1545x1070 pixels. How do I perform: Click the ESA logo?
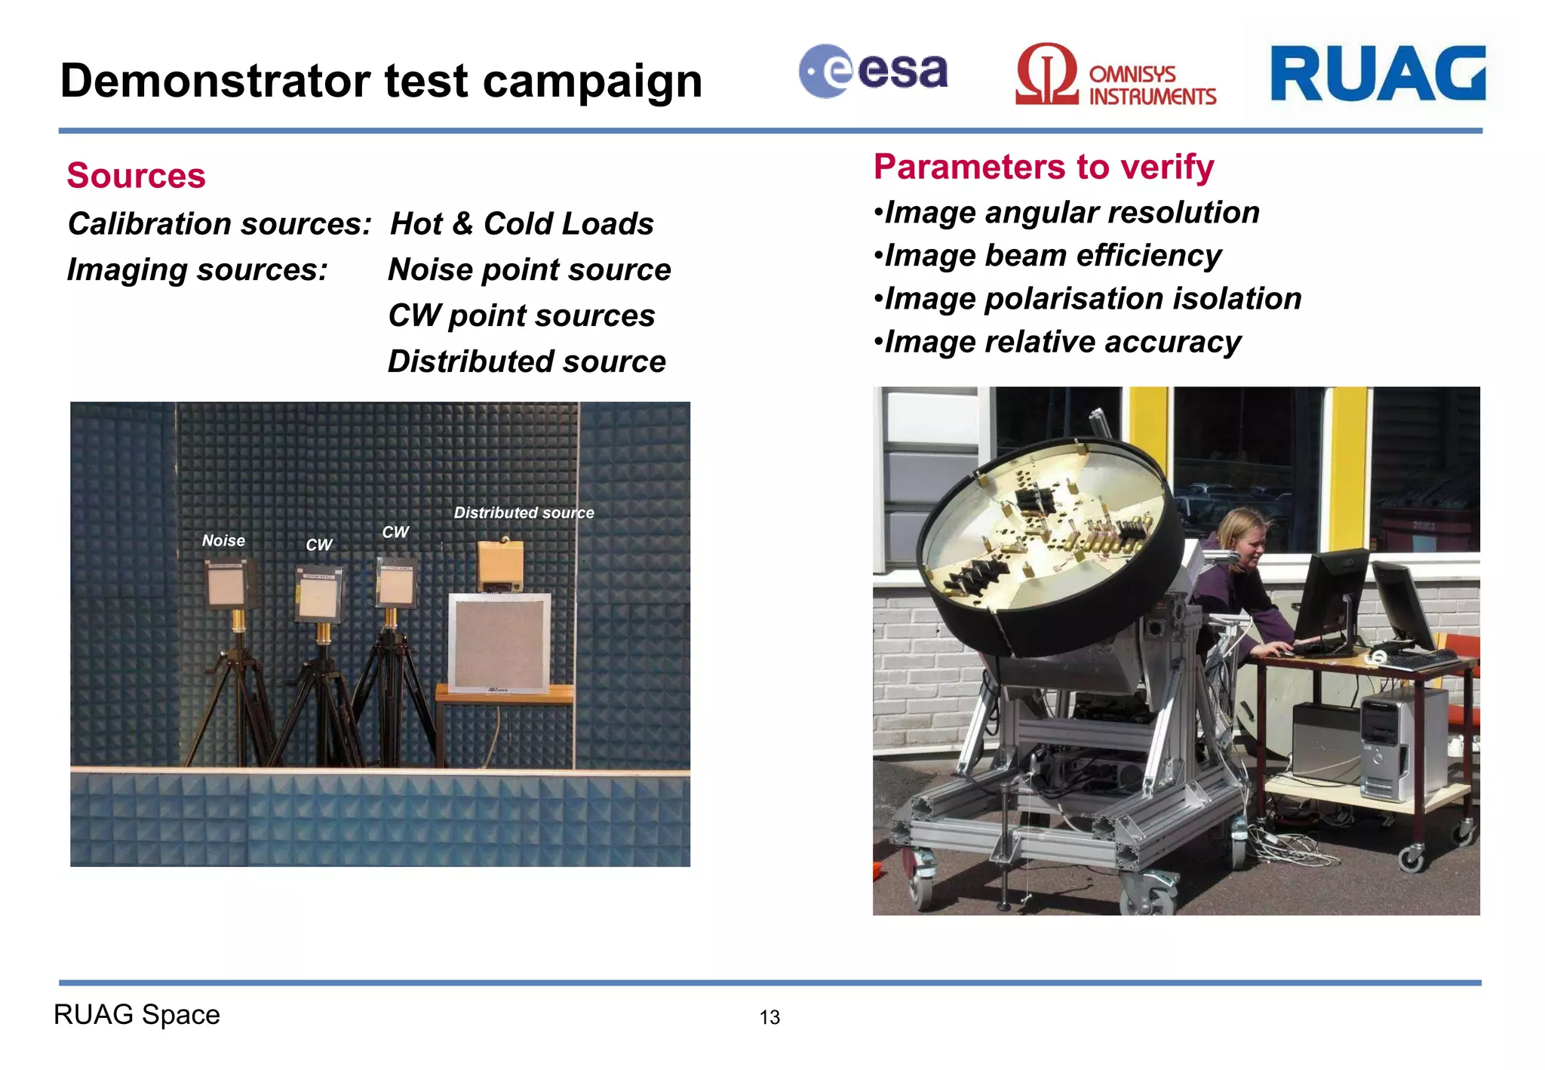[873, 72]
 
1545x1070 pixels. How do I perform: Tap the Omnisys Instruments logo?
[1115, 75]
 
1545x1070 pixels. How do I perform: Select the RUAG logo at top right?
[1378, 73]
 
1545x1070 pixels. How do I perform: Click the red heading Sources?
[136, 176]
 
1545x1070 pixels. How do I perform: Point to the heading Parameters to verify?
[1043, 167]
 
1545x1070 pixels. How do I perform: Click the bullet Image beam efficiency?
[1048, 256]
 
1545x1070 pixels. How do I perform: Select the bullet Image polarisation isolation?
[1088, 299]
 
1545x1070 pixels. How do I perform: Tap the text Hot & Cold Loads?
[521, 224]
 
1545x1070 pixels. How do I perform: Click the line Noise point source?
[529, 270]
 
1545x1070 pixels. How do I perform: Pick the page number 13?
[769, 1017]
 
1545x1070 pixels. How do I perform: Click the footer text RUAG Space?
[137, 1015]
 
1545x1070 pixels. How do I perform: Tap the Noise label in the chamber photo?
[223, 540]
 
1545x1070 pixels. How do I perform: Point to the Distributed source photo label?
[524, 513]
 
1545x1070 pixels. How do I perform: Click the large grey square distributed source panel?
[499, 643]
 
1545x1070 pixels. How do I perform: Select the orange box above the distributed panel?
[500, 566]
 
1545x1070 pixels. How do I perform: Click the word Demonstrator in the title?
[216, 81]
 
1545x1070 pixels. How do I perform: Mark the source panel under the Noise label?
[226, 586]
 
